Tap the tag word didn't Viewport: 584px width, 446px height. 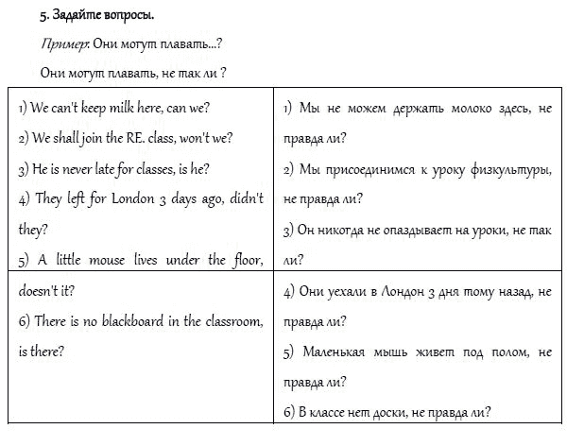[x=247, y=198]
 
